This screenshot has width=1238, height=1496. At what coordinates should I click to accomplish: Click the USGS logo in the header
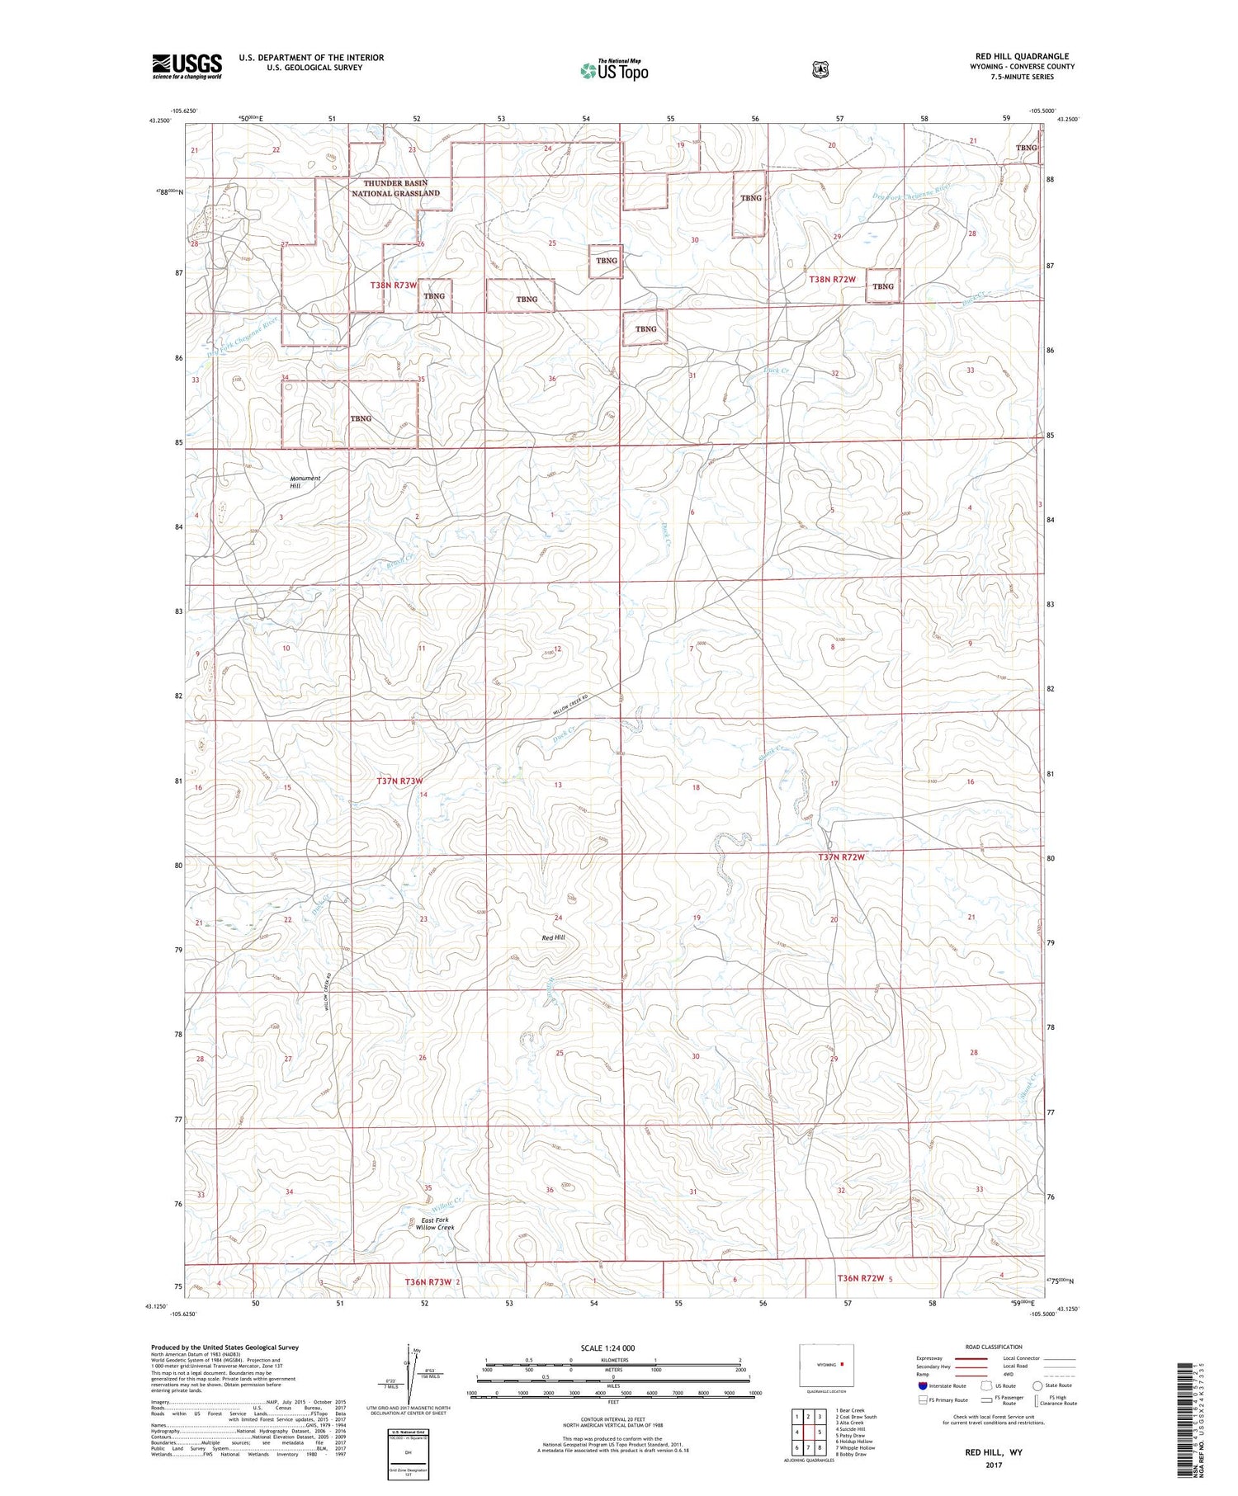(x=187, y=66)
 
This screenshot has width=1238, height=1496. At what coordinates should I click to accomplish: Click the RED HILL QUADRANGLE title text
(x=1022, y=56)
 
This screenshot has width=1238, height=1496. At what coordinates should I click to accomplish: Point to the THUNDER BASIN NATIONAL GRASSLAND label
(x=395, y=188)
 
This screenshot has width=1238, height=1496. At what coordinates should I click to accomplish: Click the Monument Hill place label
(x=305, y=482)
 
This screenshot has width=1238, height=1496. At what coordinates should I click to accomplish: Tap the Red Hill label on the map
(x=553, y=938)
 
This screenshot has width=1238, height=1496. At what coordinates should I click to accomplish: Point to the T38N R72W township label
(x=832, y=280)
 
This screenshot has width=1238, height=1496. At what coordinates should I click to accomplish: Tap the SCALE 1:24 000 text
(x=607, y=1348)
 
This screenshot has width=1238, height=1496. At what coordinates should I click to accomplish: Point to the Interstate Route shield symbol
(x=923, y=1386)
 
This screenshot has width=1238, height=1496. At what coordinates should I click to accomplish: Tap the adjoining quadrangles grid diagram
(x=808, y=1432)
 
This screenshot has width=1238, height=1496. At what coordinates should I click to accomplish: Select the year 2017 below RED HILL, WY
(x=994, y=1465)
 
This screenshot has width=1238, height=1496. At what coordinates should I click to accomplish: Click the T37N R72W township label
(x=841, y=857)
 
